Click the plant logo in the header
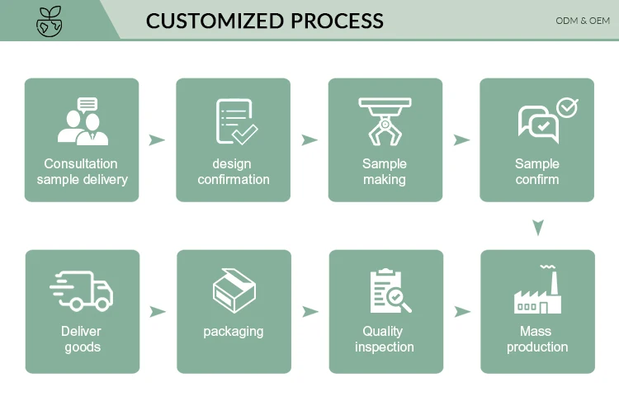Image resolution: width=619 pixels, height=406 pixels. (50, 21)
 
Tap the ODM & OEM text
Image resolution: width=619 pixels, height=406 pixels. (583, 21)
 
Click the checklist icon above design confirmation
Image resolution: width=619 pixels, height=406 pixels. (234, 120)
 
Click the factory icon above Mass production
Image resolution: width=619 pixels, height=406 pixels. (536, 291)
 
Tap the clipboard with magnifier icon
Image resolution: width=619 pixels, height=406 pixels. (389, 291)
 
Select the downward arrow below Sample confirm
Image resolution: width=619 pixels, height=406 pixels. (538, 226)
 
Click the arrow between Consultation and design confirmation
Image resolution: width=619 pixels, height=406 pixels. (157, 139)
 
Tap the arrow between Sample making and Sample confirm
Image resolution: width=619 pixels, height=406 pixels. (462, 139)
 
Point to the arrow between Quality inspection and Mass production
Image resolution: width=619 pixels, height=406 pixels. (462, 311)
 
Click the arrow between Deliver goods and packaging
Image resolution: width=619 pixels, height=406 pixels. (157, 311)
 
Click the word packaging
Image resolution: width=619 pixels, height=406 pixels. (234, 332)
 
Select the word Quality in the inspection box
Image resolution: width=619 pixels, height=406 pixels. (384, 332)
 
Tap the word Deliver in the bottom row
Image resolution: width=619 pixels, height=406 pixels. (82, 332)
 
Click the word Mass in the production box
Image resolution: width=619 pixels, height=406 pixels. (536, 332)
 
